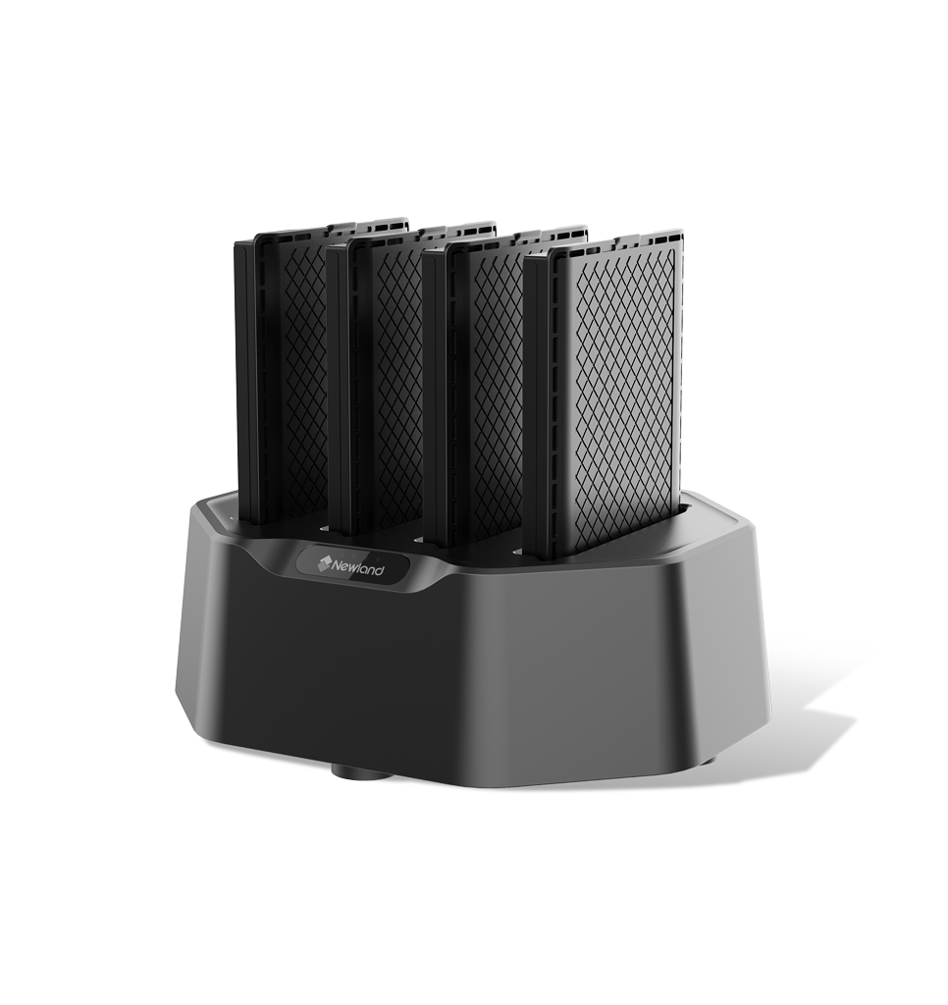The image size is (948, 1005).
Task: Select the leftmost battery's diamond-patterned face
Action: coord(303,373)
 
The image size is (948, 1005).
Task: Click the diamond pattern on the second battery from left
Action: coord(398,378)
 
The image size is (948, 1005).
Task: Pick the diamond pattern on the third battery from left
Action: coord(497,388)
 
